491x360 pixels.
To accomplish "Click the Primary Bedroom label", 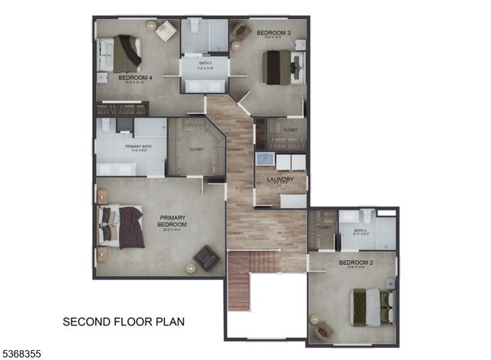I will click(172, 221).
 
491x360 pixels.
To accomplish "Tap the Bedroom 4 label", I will click(135, 78).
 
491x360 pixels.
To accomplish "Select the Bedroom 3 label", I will click(273, 32).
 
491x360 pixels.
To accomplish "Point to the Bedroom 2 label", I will click(354, 263).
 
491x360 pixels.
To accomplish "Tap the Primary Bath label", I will click(130, 145).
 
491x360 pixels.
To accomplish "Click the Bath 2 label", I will click(361, 230).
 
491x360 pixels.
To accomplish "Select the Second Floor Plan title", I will click(124, 321).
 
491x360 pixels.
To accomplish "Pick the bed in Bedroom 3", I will click(281, 67).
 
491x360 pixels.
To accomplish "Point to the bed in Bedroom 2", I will click(370, 306).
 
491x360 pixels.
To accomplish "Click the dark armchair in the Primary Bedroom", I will click(206, 257).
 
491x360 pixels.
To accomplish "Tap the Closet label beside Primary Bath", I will click(196, 149).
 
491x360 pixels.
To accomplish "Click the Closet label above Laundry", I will click(290, 130).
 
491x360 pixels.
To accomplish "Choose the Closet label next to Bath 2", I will click(323, 227).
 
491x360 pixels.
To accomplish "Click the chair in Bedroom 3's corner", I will click(241, 30).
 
